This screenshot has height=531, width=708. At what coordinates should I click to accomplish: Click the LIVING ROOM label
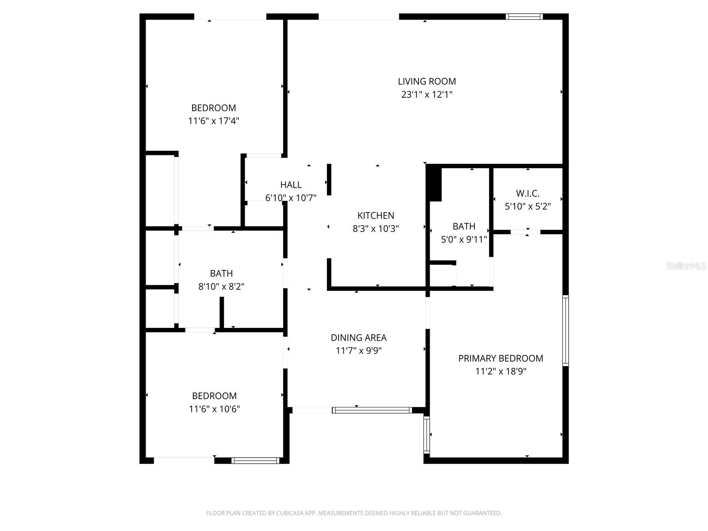pos(427,81)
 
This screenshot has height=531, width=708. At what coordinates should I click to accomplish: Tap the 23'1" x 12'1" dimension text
pos(427,94)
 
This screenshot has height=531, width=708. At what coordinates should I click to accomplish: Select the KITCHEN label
pos(376,215)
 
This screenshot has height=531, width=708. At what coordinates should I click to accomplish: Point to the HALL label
pos(291,185)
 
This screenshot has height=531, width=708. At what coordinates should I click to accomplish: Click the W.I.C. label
pos(527,193)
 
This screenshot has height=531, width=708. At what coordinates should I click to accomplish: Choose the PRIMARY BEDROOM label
pos(500,358)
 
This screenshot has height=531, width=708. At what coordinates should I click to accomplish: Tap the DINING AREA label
pos(358,338)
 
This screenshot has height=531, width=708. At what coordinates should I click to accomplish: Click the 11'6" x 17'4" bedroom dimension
pos(213,121)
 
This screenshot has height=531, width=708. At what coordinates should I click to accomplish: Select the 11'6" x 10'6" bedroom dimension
pos(214,409)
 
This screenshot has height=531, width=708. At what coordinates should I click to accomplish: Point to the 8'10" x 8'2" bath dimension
pos(221,286)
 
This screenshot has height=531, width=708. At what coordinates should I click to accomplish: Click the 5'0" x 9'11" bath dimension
pos(464,239)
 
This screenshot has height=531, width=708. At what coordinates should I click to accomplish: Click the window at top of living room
pos(524,17)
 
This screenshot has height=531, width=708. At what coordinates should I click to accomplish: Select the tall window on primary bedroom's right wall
pos(565,330)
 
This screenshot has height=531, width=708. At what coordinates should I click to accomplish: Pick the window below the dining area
pos(372,410)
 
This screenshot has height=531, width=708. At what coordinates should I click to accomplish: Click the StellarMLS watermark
pos(685,265)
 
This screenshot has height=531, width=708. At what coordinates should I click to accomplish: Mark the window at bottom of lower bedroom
pos(255,461)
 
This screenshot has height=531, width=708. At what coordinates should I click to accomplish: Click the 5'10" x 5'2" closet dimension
pos(527,206)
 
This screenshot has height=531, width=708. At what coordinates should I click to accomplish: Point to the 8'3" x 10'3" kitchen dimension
pos(376,229)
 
